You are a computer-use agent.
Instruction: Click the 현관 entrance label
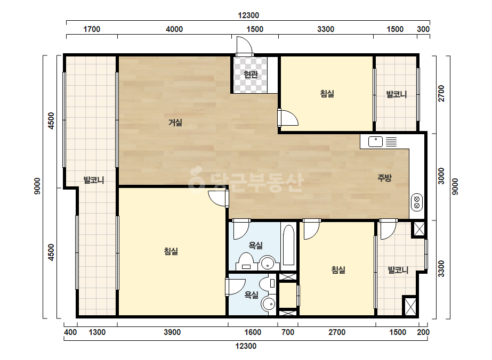click(x=251, y=75)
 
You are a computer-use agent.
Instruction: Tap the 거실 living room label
click(x=175, y=122)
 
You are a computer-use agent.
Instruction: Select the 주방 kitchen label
click(x=384, y=178)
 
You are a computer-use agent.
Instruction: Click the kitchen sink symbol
click(x=375, y=142)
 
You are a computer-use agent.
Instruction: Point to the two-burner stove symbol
click(x=417, y=202)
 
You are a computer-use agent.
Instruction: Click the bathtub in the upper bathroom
click(x=289, y=245)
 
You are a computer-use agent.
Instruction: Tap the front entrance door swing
click(x=245, y=46)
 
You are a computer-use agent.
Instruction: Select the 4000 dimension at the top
click(x=174, y=29)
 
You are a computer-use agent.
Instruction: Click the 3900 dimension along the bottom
click(x=172, y=332)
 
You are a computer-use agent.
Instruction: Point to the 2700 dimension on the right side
click(x=441, y=93)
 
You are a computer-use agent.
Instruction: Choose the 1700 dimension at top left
click(x=92, y=29)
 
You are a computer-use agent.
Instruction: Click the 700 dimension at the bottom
click(x=288, y=332)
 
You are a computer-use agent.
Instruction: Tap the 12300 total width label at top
click(x=248, y=15)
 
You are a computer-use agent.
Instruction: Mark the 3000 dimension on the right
click(x=441, y=176)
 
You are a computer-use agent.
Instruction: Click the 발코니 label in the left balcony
click(x=93, y=180)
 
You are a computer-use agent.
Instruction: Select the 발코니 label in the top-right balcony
click(x=396, y=94)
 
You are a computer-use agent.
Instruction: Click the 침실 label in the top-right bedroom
click(x=327, y=93)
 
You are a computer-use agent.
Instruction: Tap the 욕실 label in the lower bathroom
click(x=252, y=295)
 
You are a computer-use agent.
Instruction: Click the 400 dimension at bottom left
click(x=70, y=332)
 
